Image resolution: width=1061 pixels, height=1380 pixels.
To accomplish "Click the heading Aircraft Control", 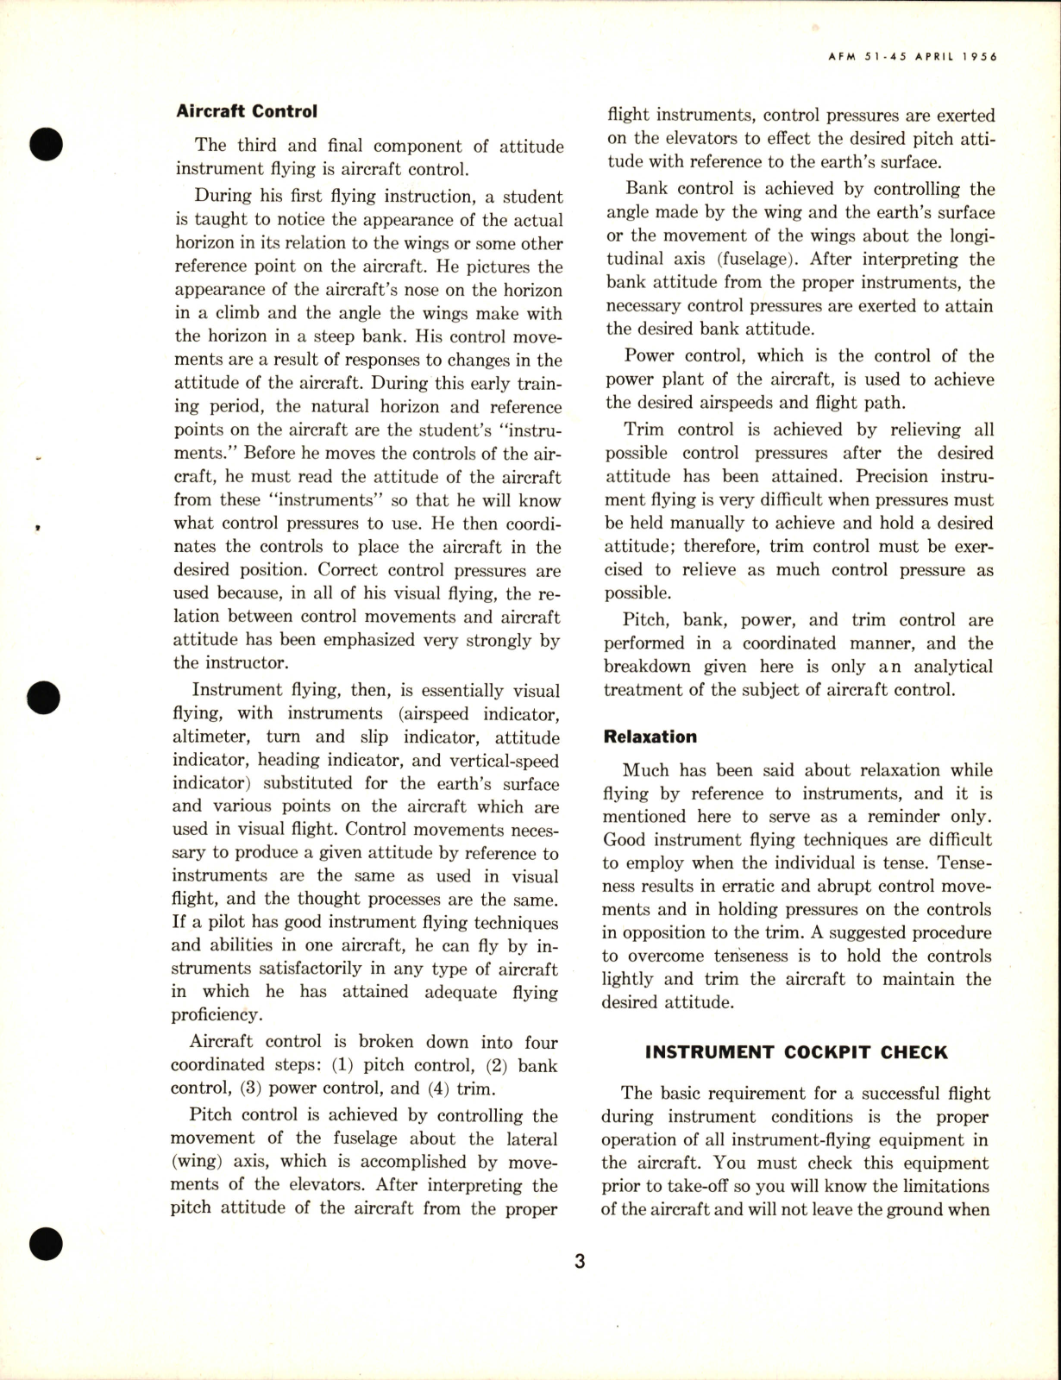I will (x=247, y=111).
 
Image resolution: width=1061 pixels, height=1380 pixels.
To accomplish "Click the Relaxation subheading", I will (x=650, y=737).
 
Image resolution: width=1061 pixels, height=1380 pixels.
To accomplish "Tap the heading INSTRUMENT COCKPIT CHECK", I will (x=796, y=1052).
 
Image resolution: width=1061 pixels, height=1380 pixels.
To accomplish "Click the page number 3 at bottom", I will (x=580, y=1262).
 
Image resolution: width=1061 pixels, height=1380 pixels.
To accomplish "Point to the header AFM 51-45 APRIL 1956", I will (x=907, y=57).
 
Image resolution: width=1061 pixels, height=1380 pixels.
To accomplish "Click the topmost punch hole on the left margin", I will (x=46, y=142).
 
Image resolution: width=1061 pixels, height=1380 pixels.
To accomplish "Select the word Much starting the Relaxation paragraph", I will (x=646, y=770).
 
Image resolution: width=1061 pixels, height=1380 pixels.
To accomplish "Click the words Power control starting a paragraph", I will (x=676, y=356).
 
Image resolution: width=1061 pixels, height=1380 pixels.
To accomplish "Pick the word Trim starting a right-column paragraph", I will (x=644, y=430).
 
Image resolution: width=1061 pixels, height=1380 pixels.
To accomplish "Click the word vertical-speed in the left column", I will (x=501, y=761).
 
